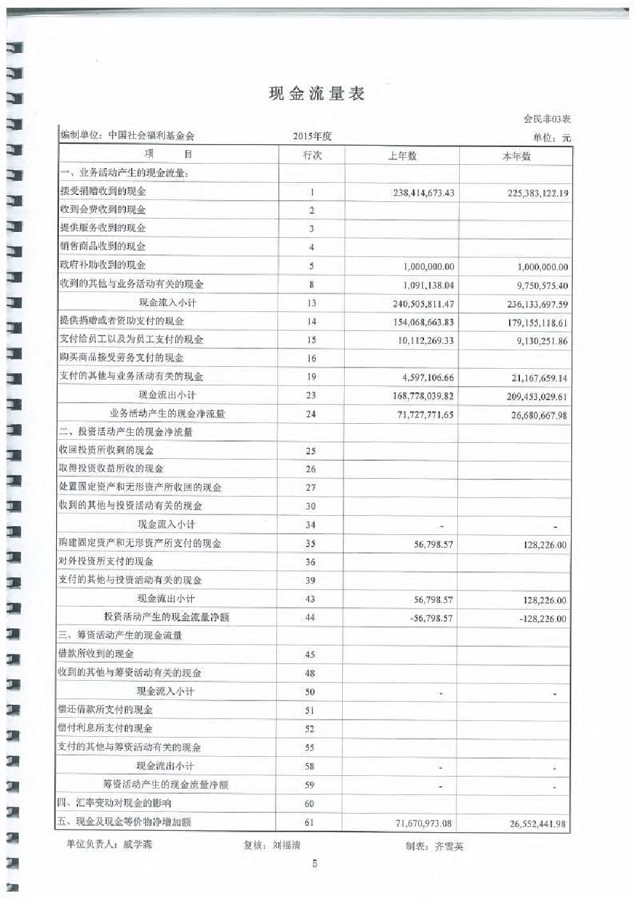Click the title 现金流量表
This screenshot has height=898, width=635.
tap(317, 94)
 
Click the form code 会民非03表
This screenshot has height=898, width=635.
tap(547, 119)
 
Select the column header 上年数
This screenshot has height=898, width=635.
tap(402, 155)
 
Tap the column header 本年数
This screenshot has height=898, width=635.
tap(516, 156)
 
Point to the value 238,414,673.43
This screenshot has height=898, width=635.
tap(423, 192)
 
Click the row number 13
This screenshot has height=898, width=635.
tap(311, 303)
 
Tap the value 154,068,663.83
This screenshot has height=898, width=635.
tap(423, 322)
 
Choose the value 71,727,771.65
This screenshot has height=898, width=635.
tap(423, 415)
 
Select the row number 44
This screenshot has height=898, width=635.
tap(310, 617)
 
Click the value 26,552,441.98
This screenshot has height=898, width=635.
tap(538, 824)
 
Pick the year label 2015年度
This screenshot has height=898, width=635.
tap(312, 136)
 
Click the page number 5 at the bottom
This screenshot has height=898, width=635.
tap(315, 864)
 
